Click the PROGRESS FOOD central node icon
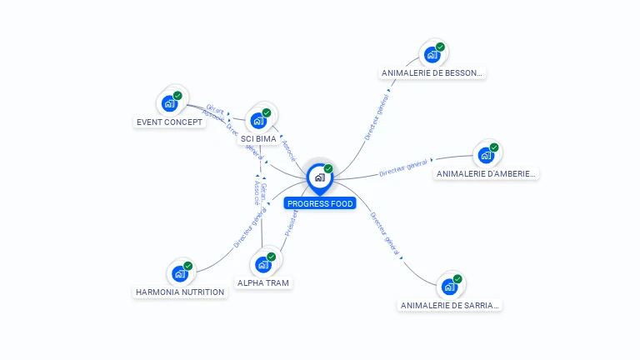(x=319, y=177)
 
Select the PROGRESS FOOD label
(x=320, y=203)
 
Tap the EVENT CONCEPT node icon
(x=170, y=103)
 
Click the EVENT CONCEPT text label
(x=169, y=122)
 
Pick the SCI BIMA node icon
(x=259, y=120)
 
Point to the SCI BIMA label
(x=258, y=139)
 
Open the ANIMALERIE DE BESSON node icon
(x=432, y=55)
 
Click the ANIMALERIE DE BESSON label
(x=432, y=73)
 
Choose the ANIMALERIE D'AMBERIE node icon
(x=486, y=156)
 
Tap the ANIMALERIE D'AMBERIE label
(x=487, y=174)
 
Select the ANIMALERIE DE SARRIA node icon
(x=450, y=287)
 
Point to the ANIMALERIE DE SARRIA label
(x=450, y=306)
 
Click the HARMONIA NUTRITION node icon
(x=180, y=273)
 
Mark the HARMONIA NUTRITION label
(x=180, y=292)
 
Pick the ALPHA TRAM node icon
(x=264, y=264)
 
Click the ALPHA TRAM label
(x=263, y=283)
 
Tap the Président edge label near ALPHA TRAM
(x=292, y=222)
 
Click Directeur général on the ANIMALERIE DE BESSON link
(x=377, y=117)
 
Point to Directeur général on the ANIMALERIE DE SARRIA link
(x=385, y=233)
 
